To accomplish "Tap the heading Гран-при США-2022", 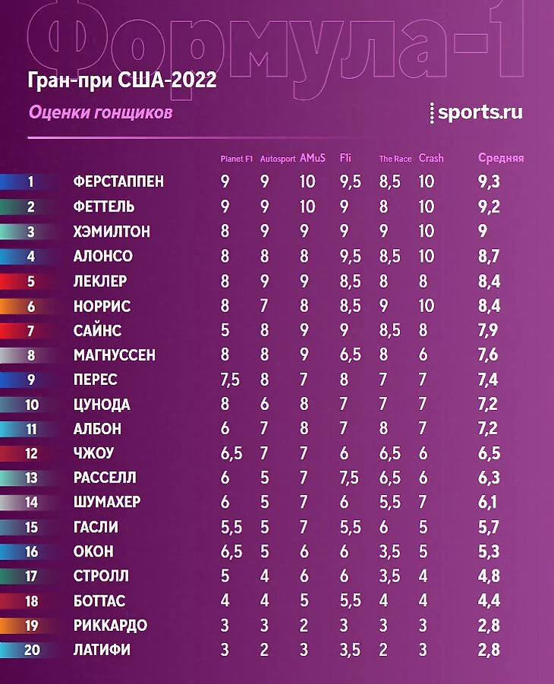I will [x=122, y=80].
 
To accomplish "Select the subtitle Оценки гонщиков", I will [x=100, y=112].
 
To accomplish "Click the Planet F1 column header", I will [x=236, y=159].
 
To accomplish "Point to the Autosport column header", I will [x=277, y=159].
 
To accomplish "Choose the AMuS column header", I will [x=313, y=159].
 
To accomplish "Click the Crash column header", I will [x=431, y=159].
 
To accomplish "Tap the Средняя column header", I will [x=501, y=159].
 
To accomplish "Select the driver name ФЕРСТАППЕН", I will [x=118, y=182].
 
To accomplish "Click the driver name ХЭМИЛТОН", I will [x=111, y=232].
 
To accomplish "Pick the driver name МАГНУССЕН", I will [x=115, y=355].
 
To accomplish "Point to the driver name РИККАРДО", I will [x=110, y=626].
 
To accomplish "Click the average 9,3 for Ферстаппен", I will [x=489, y=182].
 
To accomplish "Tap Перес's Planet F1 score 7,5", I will [x=229, y=380].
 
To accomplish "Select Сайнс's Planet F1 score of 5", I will [x=225, y=330].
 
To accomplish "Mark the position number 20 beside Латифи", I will [x=31, y=650].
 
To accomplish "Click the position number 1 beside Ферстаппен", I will [x=31, y=182].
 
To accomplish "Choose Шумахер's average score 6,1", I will [x=489, y=503].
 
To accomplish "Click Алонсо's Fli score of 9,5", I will [x=349, y=257].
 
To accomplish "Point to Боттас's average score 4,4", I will [x=489, y=601].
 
